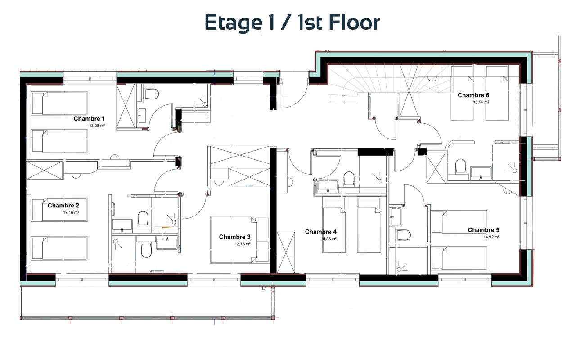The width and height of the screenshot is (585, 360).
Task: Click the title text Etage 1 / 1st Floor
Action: pos(292,23)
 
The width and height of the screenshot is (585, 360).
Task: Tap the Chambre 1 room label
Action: pos(89,119)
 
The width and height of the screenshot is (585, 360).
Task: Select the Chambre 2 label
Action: pos(63,206)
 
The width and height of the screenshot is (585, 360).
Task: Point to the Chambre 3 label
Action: pos(234,237)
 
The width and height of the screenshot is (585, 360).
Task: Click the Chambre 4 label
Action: pos(321,232)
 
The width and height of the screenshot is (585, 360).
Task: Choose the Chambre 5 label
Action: pos(483,230)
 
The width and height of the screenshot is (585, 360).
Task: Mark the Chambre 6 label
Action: pos(473,95)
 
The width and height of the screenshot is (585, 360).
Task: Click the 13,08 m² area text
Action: pos(97,126)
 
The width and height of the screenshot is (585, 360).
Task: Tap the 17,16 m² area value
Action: pos(71,213)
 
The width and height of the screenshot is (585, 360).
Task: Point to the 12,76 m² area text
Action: pos(243,244)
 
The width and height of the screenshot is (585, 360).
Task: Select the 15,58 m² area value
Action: pos(328,239)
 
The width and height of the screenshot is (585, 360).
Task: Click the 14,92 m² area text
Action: pos(491,237)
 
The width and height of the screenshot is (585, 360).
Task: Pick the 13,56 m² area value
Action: pos(481,102)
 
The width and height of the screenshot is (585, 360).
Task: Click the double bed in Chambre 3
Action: pos(240,240)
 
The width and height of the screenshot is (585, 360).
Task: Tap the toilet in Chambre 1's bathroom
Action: pos(152,94)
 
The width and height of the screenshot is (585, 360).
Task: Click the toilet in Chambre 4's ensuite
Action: pos(349,179)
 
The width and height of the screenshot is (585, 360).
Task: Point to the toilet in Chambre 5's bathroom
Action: pos(404,235)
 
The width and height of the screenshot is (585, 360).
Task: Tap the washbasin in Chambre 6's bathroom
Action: pos(481,173)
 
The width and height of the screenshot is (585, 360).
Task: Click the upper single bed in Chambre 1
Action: pos(59,103)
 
